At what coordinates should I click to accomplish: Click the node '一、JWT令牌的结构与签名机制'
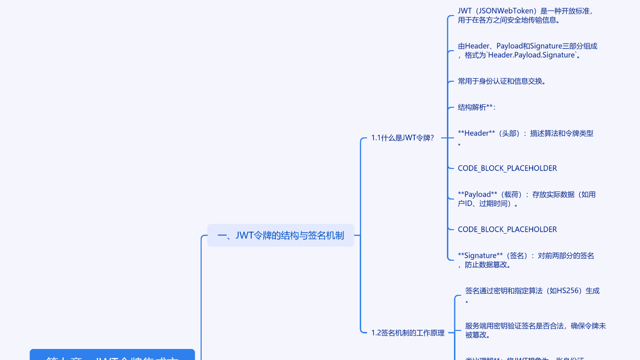(280, 235)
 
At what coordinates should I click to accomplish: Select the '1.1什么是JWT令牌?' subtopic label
(402, 138)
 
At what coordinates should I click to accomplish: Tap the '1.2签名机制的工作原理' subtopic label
(408, 332)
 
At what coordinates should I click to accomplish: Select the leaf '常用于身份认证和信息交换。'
(502, 81)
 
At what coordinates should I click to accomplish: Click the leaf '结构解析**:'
(476, 107)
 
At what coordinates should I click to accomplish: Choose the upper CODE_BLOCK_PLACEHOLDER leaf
(507, 168)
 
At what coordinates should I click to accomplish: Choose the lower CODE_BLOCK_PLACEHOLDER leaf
(507, 230)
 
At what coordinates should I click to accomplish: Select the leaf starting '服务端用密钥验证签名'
(535, 326)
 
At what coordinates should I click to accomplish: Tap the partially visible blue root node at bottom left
(112, 355)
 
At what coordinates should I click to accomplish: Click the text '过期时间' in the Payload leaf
(495, 204)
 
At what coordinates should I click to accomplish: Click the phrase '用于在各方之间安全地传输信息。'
(509, 21)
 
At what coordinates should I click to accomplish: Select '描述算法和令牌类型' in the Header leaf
(561, 133)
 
